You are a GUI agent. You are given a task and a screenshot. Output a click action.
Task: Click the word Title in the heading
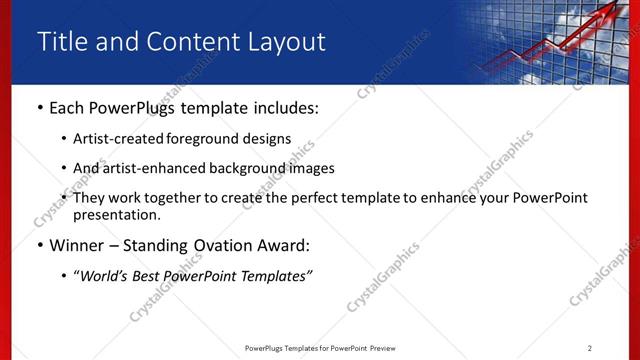59,42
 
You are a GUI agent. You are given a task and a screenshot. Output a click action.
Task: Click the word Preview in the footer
387,348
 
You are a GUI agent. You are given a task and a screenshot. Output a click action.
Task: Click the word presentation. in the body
116,215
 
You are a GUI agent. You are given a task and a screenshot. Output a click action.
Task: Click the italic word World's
106,276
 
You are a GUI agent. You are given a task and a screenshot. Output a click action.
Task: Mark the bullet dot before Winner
39,246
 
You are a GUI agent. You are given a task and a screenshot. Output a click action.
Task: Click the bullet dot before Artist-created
65,139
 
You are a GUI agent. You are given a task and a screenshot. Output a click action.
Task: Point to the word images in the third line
312,168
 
